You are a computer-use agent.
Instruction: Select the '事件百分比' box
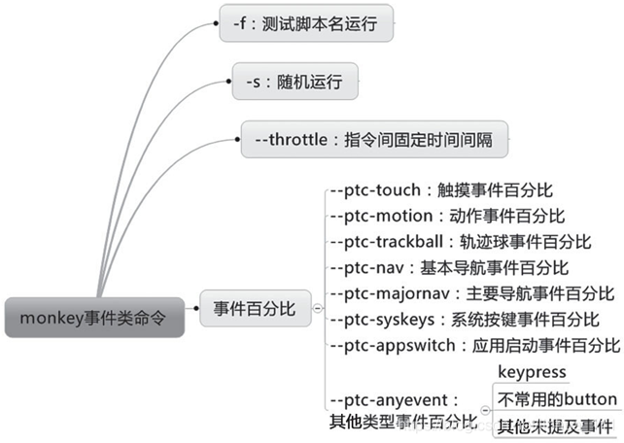click(255, 310)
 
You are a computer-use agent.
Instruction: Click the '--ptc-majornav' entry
click(471, 293)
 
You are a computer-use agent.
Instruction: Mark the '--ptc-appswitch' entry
click(474, 345)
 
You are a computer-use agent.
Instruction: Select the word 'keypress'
click(531, 373)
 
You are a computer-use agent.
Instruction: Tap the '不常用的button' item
click(556, 399)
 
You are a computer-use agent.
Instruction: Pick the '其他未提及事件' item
click(555, 426)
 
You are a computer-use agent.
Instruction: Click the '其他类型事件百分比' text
click(403, 422)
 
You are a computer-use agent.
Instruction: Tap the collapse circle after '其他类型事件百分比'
click(485, 412)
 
